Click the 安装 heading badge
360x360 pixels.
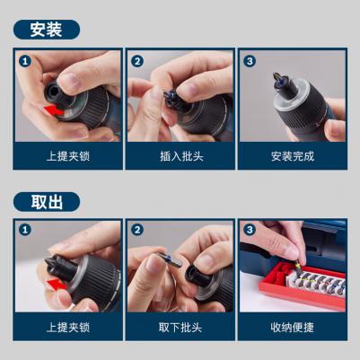(47, 30)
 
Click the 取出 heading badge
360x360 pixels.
(47, 202)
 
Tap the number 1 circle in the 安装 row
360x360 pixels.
(25, 61)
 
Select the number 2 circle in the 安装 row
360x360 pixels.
(137, 61)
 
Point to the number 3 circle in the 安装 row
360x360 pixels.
(250, 61)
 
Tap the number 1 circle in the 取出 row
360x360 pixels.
(25, 230)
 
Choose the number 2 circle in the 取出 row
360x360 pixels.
(137, 230)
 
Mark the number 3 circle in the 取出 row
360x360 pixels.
(250, 230)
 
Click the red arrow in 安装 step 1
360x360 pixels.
(54, 110)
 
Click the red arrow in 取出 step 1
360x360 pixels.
(57, 284)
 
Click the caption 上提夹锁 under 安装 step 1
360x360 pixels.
(68, 156)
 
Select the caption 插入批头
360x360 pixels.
(181, 156)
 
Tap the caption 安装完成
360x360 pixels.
(293, 156)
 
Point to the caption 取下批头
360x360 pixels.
(180, 328)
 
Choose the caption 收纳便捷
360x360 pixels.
(293, 328)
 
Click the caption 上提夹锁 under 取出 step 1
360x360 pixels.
(68, 328)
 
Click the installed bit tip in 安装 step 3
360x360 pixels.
(278, 80)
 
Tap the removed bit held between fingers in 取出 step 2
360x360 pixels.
(170, 259)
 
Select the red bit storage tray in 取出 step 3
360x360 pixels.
(302, 286)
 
